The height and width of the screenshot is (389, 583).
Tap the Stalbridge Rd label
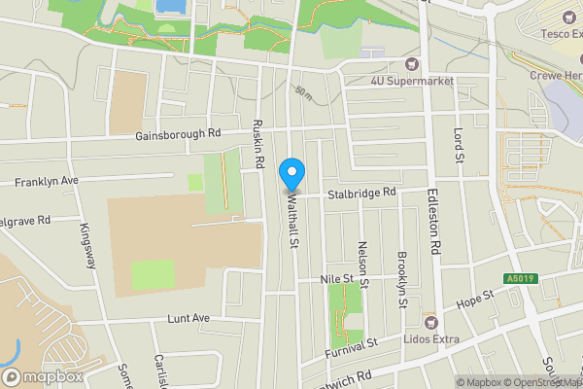pyautogui.click(x=361, y=193)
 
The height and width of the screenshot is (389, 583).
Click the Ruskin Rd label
pyautogui.click(x=257, y=144)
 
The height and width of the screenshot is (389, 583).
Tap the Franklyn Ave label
pyautogui.click(x=46, y=182)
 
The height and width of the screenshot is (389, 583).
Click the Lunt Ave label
pyautogui.click(x=189, y=318)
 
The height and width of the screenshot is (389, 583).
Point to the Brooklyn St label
pyautogui.click(x=401, y=279)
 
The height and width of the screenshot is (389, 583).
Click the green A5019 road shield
pyautogui.click(x=517, y=279)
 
